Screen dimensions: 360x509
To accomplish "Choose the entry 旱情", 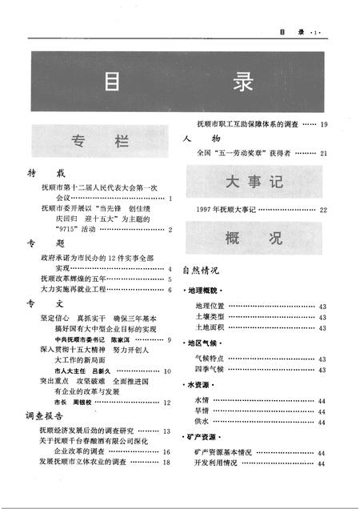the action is (x=202, y=410).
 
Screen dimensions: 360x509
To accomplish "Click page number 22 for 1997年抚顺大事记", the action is (x=323, y=210).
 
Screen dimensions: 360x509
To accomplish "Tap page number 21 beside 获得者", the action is (x=323, y=153).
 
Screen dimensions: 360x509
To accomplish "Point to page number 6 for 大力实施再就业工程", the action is (x=170, y=289).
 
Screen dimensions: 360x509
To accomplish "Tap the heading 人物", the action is (x=197, y=138).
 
